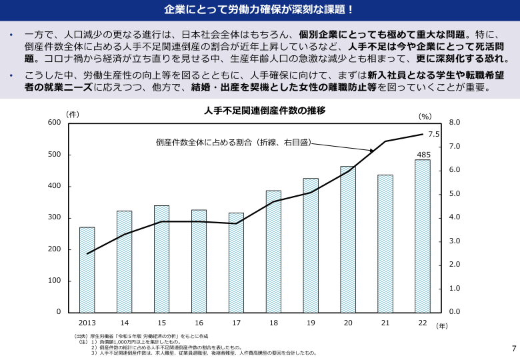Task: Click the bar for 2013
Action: [87, 270]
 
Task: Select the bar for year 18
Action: [273, 251]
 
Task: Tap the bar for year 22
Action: [423, 236]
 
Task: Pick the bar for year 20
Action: [348, 239]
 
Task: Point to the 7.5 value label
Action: [433, 134]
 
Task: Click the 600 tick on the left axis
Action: [54, 123]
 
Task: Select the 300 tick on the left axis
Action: [54, 217]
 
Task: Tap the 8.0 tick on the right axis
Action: [455, 123]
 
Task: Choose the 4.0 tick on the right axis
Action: [455, 217]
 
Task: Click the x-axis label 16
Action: [199, 323]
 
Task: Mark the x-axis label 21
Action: [385, 323]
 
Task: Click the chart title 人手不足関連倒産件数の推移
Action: [264, 111]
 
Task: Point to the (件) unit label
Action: [73, 114]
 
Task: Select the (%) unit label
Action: [425, 116]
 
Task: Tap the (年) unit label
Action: [442, 326]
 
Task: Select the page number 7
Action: [513, 348]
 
